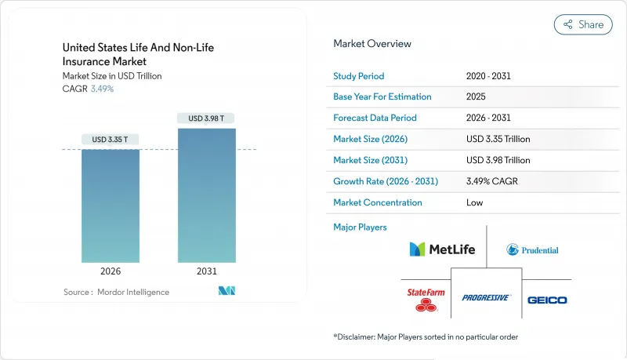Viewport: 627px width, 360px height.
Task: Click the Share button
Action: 583,24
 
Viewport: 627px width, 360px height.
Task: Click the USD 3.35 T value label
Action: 111,140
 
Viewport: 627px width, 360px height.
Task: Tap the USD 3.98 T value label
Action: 207,118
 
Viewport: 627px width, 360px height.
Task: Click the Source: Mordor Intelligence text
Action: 116,292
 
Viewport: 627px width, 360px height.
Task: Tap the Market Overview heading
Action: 371,44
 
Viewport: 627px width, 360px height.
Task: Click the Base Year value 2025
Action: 476,96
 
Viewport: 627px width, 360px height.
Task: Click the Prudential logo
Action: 532,249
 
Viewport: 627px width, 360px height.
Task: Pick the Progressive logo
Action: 486,298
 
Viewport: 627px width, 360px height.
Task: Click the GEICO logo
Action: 547,300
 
